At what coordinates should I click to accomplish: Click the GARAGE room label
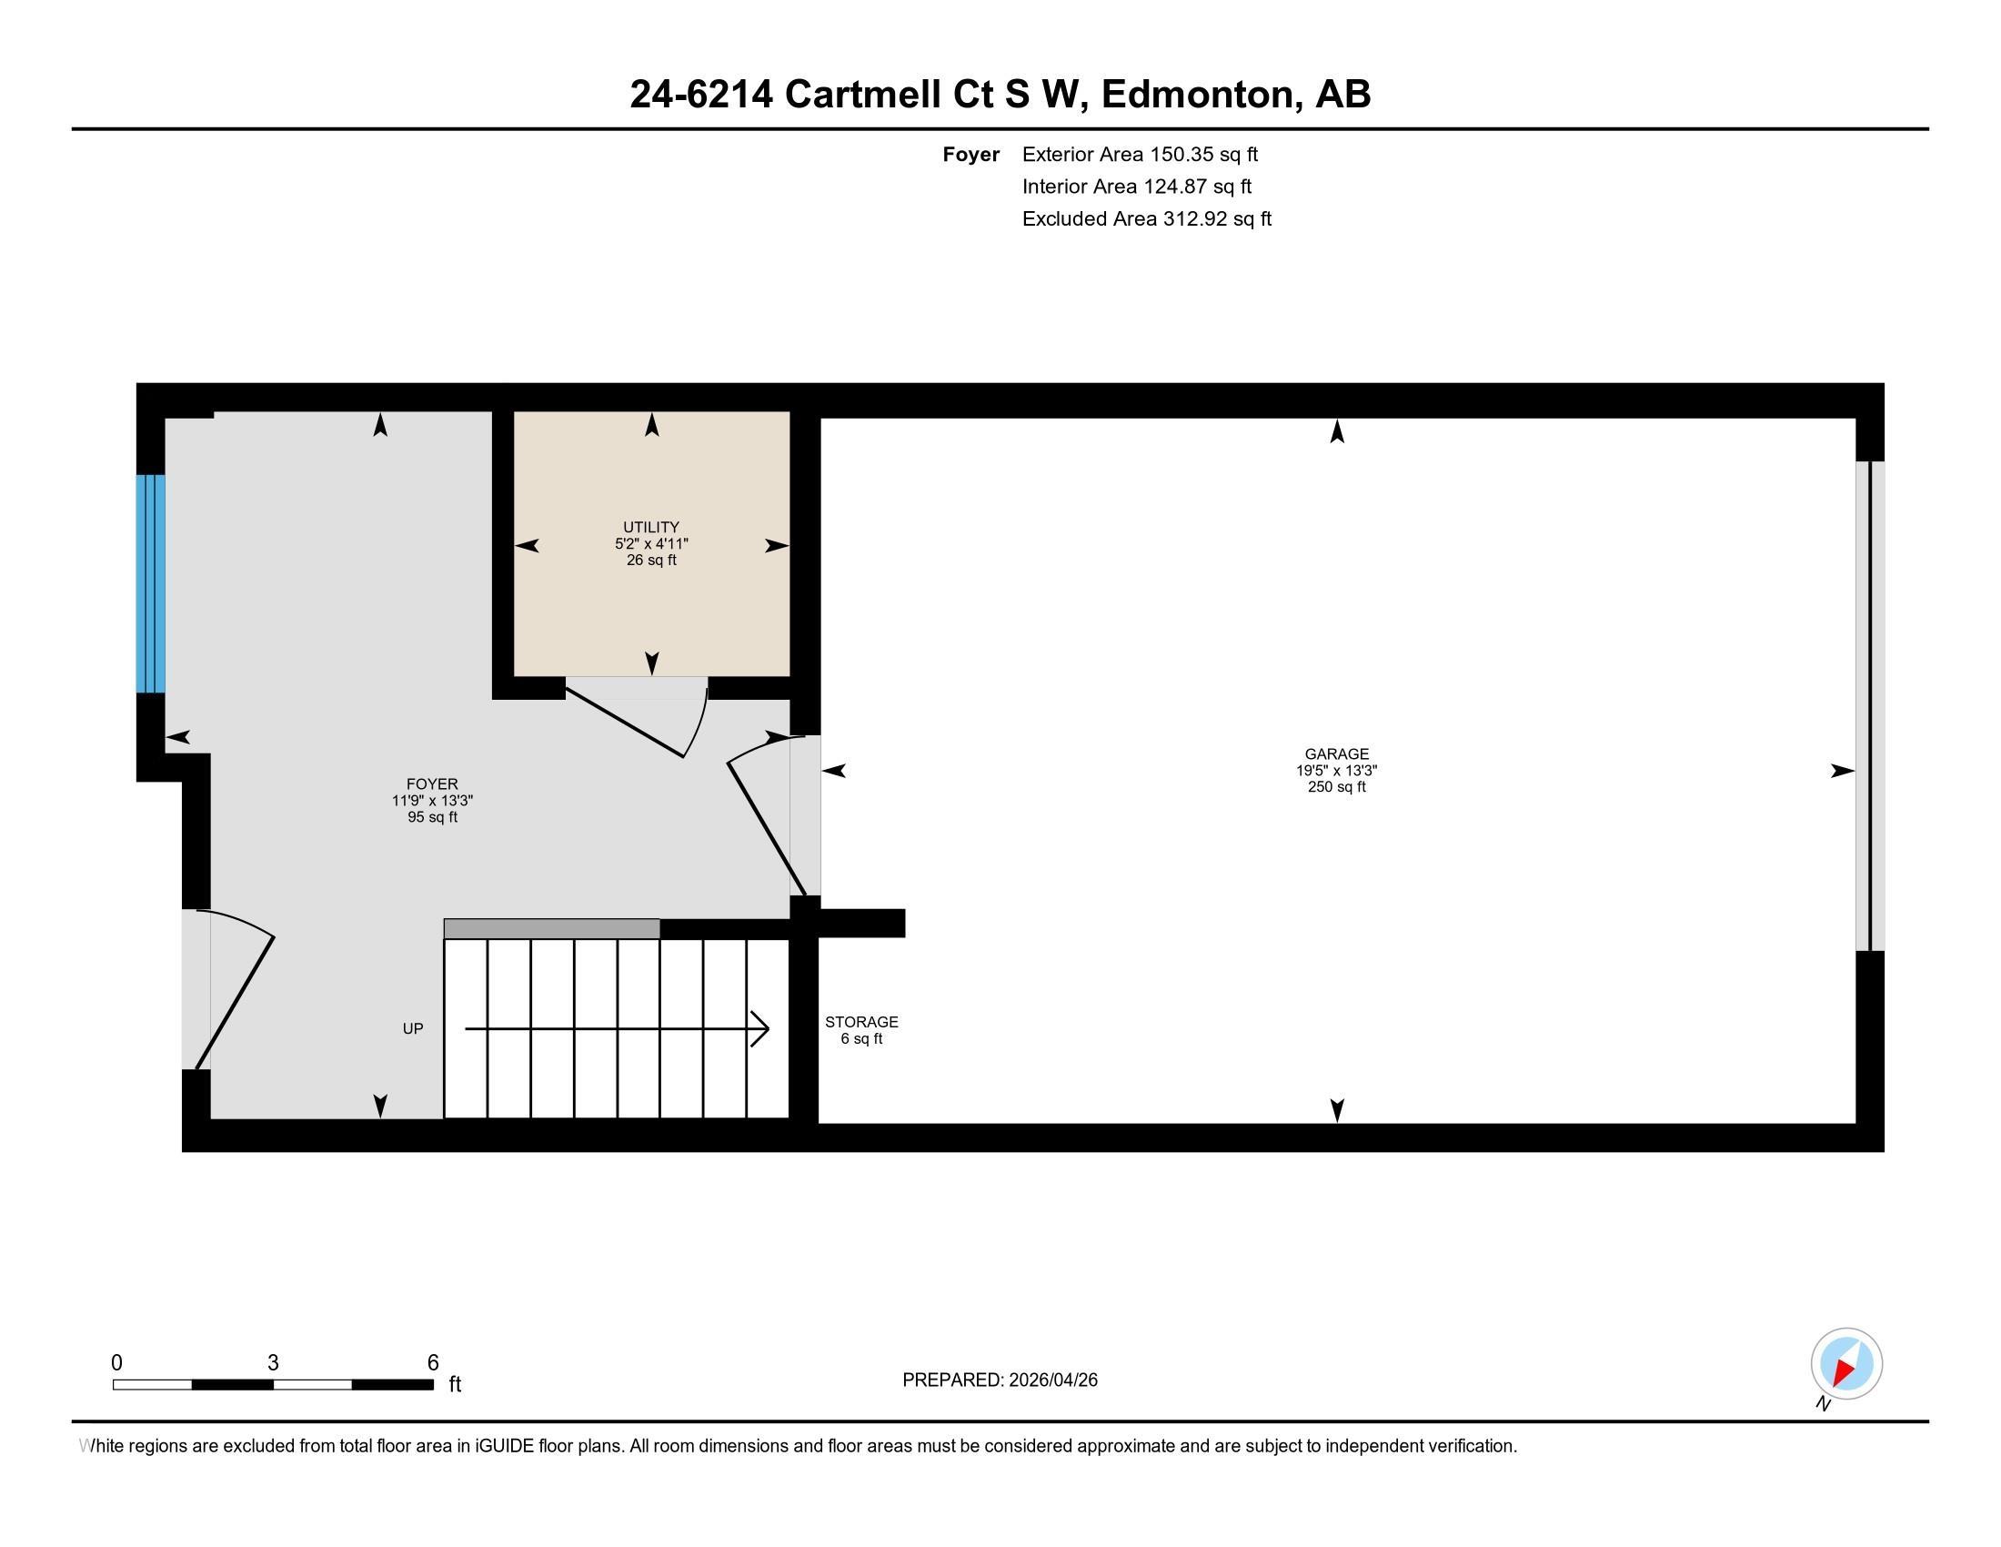1337,754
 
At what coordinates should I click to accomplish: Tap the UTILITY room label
651,527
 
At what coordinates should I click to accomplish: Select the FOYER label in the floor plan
432,784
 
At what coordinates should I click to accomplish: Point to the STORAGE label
861,1022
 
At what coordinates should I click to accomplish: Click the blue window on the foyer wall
151,583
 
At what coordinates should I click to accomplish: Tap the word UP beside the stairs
413,1028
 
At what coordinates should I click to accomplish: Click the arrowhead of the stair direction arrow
760,1028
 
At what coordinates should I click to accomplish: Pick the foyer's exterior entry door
235,990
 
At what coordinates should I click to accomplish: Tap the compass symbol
1846,1364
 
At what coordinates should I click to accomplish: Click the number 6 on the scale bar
432,1363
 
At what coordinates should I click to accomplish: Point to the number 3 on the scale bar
273,1363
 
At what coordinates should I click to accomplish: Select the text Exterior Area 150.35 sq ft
1140,154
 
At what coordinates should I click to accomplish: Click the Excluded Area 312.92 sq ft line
1146,218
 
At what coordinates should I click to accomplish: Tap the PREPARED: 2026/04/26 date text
1000,1380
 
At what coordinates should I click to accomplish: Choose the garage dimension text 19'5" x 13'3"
1337,771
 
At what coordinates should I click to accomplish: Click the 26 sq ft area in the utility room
651,560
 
